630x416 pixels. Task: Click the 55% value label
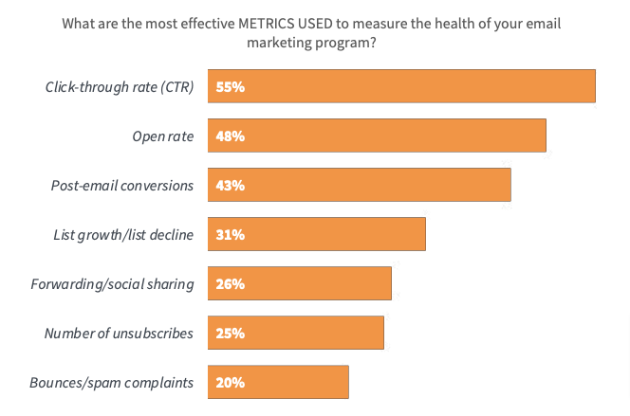(230, 86)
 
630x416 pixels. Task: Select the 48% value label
(230, 136)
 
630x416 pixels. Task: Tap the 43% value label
(230, 185)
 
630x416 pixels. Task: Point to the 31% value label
(230, 234)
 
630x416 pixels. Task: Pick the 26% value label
(230, 283)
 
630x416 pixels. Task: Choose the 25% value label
(230, 333)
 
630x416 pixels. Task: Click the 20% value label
(230, 382)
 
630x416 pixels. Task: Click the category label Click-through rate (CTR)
(120, 87)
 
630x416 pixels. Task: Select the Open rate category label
(163, 136)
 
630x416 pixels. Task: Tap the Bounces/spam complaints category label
(112, 383)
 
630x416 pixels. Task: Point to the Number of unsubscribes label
(119, 334)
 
